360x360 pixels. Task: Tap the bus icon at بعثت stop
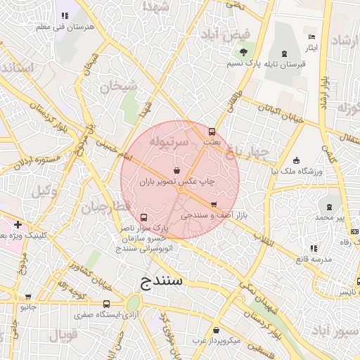(x=212, y=131)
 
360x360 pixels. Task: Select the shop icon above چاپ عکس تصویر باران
(x=176, y=170)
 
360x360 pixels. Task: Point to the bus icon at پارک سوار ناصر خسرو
(x=144, y=217)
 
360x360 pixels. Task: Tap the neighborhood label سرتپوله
(x=169, y=141)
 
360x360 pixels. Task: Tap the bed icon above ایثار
(x=311, y=37)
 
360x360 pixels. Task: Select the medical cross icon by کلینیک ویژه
(x=18, y=224)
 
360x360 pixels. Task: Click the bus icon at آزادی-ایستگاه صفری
(x=106, y=304)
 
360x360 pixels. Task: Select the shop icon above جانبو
(x=28, y=297)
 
